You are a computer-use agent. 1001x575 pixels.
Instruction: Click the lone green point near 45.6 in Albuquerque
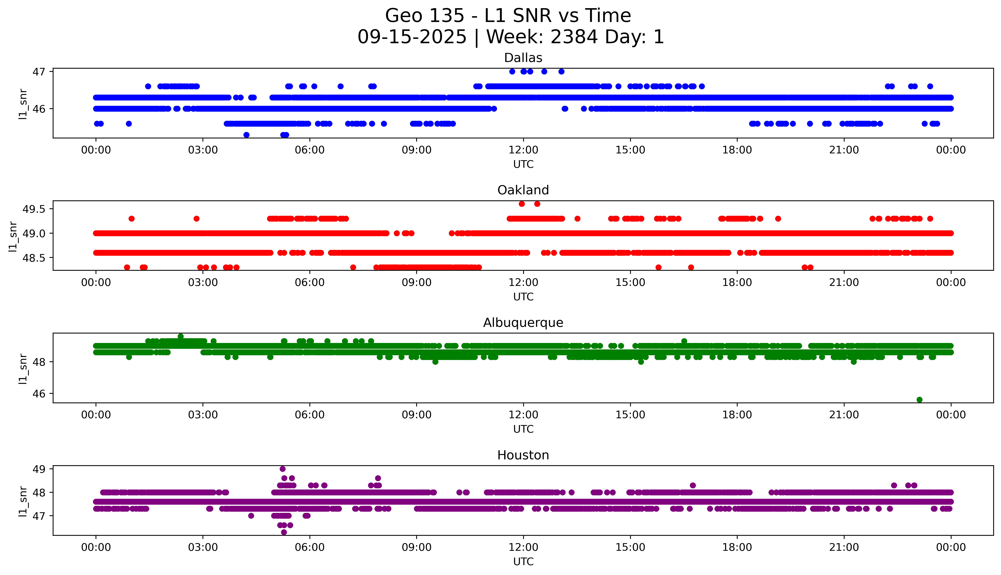tap(919, 400)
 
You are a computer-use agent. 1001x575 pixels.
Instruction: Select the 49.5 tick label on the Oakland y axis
tap(34, 209)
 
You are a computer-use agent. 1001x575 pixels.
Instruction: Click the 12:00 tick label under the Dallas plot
tap(523, 150)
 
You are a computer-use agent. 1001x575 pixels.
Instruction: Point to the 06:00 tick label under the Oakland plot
tap(310, 282)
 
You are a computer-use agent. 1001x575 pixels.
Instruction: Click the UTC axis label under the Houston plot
tap(523, 562)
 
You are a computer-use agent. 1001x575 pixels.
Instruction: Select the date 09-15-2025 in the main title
tap(412, 37)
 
